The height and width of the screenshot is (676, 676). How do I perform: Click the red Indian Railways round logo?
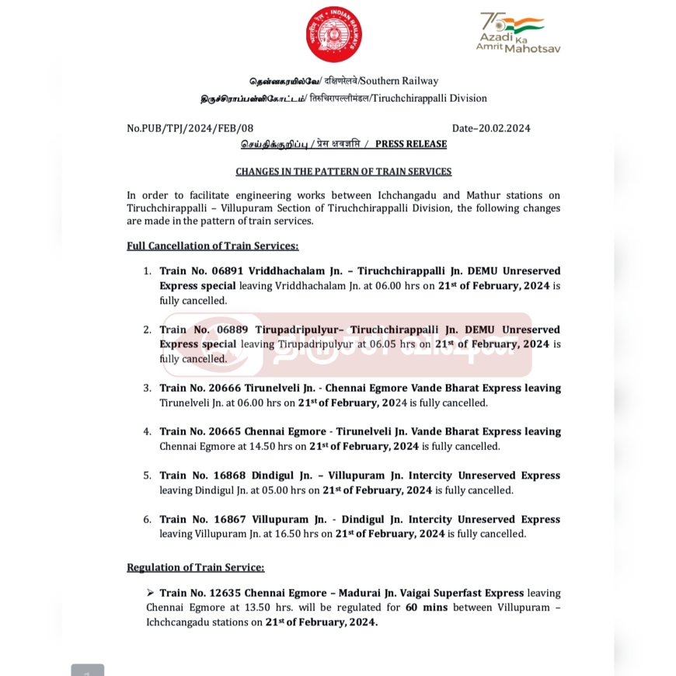coord(333,34)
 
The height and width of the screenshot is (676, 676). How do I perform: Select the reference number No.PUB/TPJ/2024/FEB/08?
coord(190,128)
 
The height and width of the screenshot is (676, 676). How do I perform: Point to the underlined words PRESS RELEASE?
coord(411,144)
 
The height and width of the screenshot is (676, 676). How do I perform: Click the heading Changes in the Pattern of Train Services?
coord(343,171)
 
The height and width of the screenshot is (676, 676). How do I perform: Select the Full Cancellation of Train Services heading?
coord(213,246)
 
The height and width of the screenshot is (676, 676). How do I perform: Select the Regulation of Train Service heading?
coord(196,567)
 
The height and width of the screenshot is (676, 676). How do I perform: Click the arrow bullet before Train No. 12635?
coord(151,593)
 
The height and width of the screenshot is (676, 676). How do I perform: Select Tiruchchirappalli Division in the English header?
coord(434,99)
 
